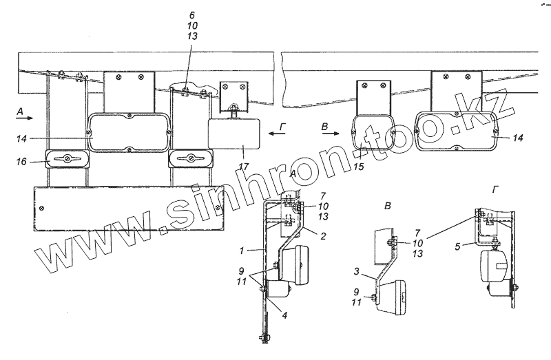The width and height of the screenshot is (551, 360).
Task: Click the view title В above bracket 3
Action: pyautogui.click(x=388, y=206)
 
